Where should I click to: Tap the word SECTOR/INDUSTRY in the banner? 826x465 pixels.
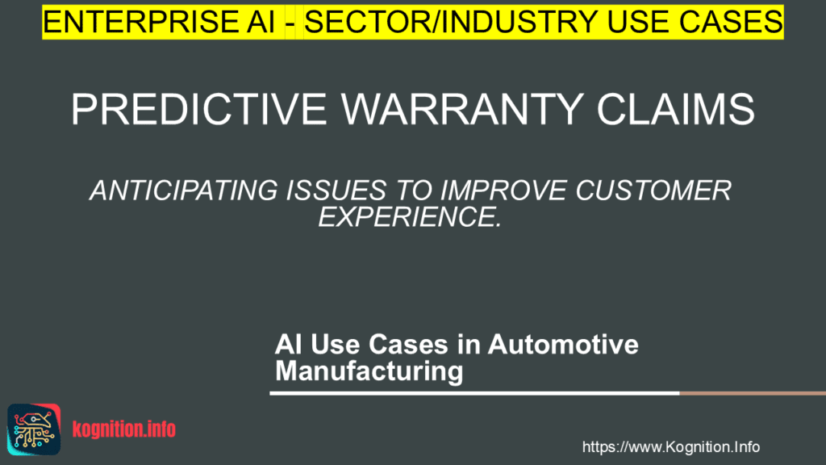point(451,22)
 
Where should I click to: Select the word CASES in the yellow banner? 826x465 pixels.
point(731,22)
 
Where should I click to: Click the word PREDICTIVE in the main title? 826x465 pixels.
point(199,109)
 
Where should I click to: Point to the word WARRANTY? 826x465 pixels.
point(461,109)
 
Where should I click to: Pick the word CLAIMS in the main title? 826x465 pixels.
point(675,109)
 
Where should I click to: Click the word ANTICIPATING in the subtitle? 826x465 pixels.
point(183,191)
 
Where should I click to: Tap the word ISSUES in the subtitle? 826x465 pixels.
point(336,191)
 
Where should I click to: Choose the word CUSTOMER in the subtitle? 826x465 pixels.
point(653,191)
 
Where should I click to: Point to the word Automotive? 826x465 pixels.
point(563,344)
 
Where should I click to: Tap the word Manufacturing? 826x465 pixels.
point(369,371)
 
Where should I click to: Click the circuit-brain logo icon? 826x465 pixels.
point(34,429)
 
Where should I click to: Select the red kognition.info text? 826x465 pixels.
point(123,429)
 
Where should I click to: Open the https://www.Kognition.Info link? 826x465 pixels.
point(670,447)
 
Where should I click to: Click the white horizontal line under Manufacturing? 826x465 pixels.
point(474,393)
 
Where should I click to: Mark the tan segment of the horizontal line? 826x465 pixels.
point(753,393)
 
